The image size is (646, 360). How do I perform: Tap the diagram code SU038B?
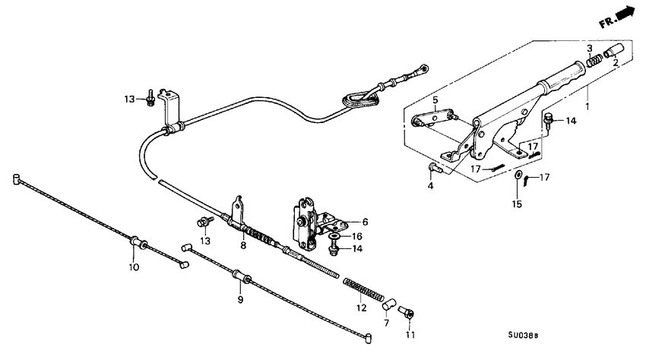coord(523,335)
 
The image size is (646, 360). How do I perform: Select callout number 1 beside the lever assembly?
coord(587,106)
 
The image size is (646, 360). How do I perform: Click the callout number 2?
coord(616,63)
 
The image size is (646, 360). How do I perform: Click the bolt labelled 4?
coord(435,167)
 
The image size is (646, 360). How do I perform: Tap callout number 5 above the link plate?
coord(435,99)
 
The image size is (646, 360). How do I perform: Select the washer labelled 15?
coord(518,175)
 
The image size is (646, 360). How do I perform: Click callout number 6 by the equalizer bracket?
coord(365,222)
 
